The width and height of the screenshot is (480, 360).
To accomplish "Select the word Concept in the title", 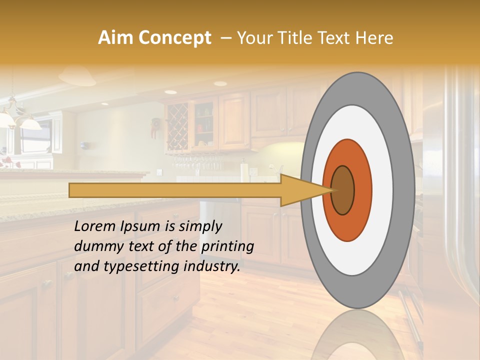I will coord(174,38).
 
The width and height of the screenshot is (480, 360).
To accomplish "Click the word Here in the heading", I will coord(374,38).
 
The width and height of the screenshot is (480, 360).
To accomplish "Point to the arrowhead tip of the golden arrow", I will coord(332,190).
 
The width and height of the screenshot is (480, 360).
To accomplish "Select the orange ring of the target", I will coord(362,190).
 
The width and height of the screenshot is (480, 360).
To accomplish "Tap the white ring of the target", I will coord(382,190).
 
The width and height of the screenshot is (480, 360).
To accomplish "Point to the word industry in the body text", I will coord(211,266).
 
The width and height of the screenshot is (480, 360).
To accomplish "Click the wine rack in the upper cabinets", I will coord(177,126).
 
